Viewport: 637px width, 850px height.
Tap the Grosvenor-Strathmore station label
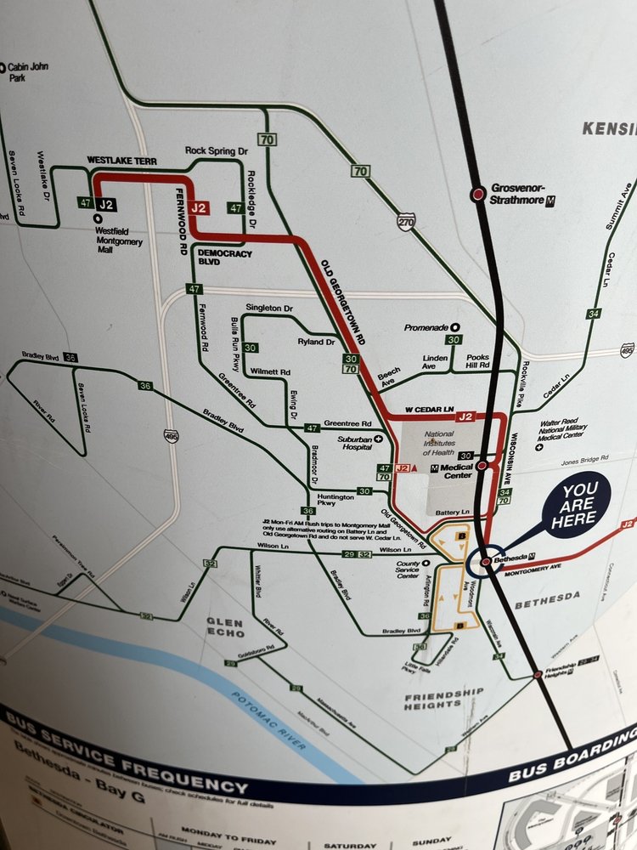click(519, 194)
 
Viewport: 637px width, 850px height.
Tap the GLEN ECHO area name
click(224, 628)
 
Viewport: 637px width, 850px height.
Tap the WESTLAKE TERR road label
click(121, 160)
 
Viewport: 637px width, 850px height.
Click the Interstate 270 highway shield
click(407, 223)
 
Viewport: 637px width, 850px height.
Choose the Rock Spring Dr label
click(217, 150)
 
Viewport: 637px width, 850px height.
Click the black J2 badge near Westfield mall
click(105, 204)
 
